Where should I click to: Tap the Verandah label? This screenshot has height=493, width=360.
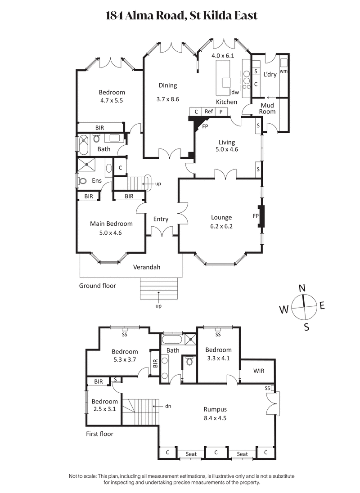point(147,267)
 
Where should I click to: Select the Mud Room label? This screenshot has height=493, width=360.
point(267,108)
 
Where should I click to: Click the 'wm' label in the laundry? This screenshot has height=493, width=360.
point(283,71)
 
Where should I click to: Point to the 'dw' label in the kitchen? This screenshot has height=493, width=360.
point(234,92)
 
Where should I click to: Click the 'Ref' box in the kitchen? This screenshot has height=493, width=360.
point(209,112)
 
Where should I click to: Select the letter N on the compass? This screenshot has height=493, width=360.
point(302,288)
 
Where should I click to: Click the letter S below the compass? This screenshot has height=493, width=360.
point(306,327)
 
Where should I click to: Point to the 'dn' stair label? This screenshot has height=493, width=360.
point(168,406)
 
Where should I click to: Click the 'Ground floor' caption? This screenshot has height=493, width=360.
point(97,286)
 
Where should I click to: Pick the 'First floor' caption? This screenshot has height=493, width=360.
point(99,434)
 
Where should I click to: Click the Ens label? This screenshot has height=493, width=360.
point(97,181)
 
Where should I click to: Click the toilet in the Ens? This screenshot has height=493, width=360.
point(82,181)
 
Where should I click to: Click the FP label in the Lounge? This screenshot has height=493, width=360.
point(256,215)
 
